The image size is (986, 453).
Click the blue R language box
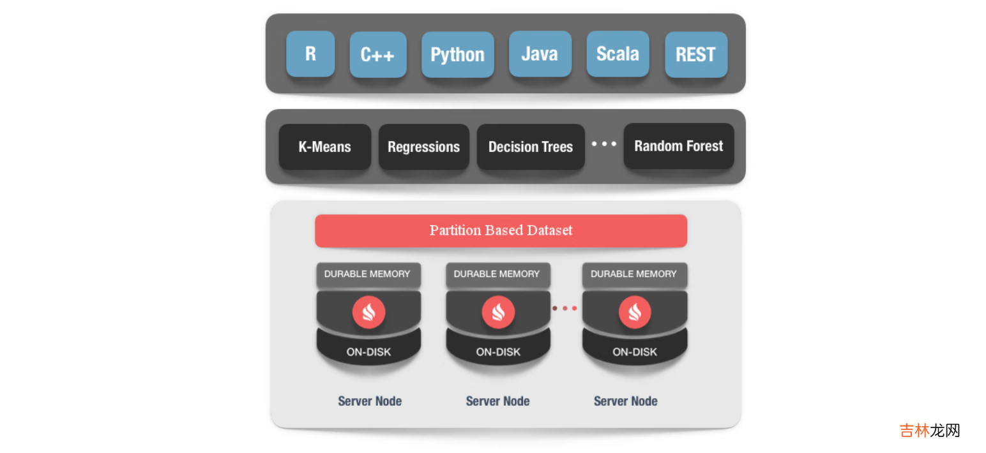[x=310, y=54]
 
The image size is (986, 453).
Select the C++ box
[x=377, y=55]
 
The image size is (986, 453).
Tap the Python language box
[x=457, y=55]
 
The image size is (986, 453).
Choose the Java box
[x=540, y=54]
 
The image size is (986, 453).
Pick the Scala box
[x=618, y=54]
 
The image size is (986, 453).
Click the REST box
[x=695, y=55]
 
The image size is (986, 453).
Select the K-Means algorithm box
[x=324, y=147]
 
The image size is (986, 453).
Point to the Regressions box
[x=423, y=147]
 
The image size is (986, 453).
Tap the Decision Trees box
[x=530, y=147]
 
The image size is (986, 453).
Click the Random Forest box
[x=678, y=146]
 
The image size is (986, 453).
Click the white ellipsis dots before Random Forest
[x=603, y=144]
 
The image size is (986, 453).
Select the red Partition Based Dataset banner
[x=501, y=230]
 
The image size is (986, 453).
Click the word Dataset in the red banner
[x=549, y=230]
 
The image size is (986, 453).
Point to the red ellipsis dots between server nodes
[x=565, y=308]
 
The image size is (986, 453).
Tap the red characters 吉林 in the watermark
[x=914, y=430]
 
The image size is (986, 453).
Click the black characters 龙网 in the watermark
[x=945, y=430]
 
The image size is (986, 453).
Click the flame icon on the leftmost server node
[x=368, y=313]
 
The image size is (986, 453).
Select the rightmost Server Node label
[x=625, y=401]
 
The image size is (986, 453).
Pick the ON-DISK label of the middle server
[x=498, y=352]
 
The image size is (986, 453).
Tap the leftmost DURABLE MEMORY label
[x=367, y=274]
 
